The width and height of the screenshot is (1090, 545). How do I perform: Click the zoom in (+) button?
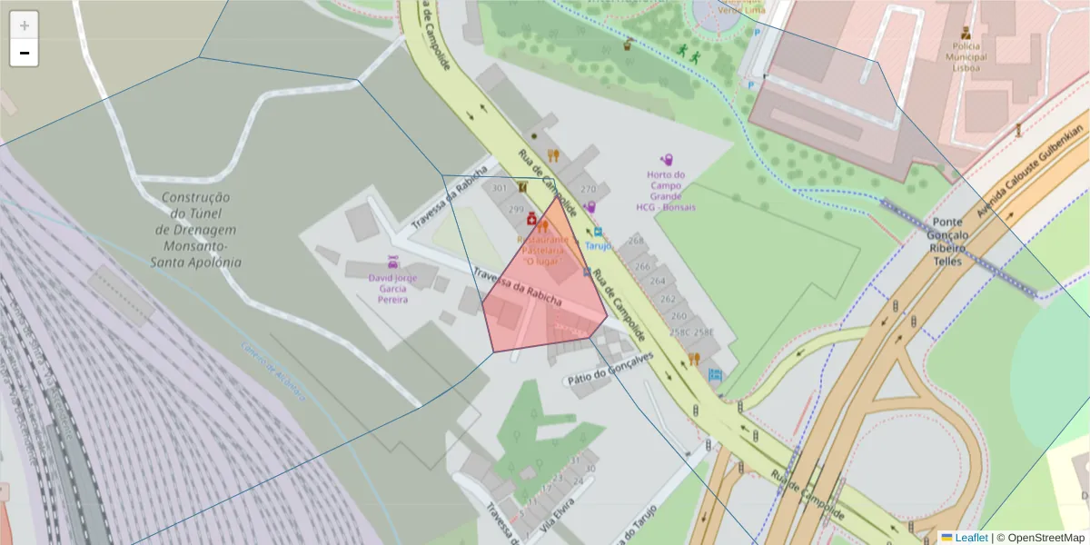pos(25,25)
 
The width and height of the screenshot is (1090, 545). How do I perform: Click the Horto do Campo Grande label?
pos(667,191)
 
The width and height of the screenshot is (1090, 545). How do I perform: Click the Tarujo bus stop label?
pos(598,245)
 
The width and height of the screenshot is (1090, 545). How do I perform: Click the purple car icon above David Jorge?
pos(392,261)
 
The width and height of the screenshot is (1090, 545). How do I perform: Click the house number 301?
pos(499,188)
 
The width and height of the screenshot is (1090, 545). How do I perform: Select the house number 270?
pos(588,190)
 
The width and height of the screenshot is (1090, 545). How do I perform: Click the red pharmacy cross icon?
pos(531,219)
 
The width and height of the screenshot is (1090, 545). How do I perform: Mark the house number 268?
pos(635,241)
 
